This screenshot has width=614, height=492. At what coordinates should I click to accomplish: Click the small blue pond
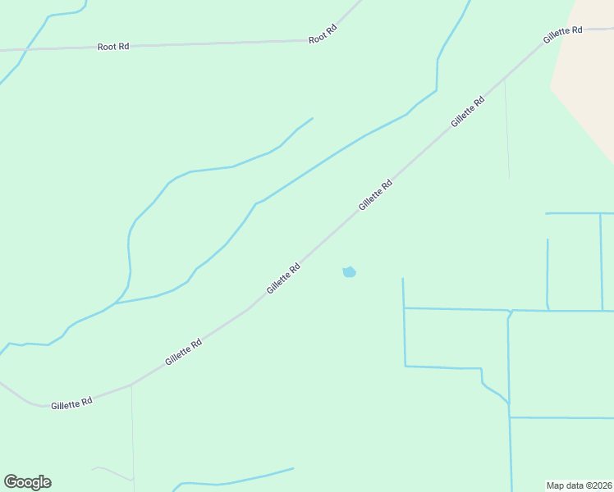point(349,271)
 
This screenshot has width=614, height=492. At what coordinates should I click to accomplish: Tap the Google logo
point(27,482)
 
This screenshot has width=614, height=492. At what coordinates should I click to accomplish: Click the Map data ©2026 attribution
point(580,485)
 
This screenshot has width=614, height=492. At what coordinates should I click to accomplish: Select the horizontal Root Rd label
point(113,47)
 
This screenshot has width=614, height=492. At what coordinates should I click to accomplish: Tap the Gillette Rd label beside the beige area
point(562,34)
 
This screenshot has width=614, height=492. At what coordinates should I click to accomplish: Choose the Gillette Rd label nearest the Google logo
point(71,403)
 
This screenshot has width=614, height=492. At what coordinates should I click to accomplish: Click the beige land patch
point(587,66)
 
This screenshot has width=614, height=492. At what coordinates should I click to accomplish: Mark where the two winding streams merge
point(116,303)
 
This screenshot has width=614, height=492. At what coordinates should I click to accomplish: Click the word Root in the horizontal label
point(107,47)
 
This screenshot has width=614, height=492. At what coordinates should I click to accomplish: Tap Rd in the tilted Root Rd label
point(331,30)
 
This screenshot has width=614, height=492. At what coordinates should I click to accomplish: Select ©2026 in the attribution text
point(598,485)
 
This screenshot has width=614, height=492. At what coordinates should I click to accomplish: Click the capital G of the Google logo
point(11,482)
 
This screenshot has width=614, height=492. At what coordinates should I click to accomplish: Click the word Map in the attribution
point(556,485)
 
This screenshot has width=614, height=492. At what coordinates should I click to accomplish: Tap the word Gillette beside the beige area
point(557,36)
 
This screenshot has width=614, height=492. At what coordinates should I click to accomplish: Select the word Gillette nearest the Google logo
point(65,405)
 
